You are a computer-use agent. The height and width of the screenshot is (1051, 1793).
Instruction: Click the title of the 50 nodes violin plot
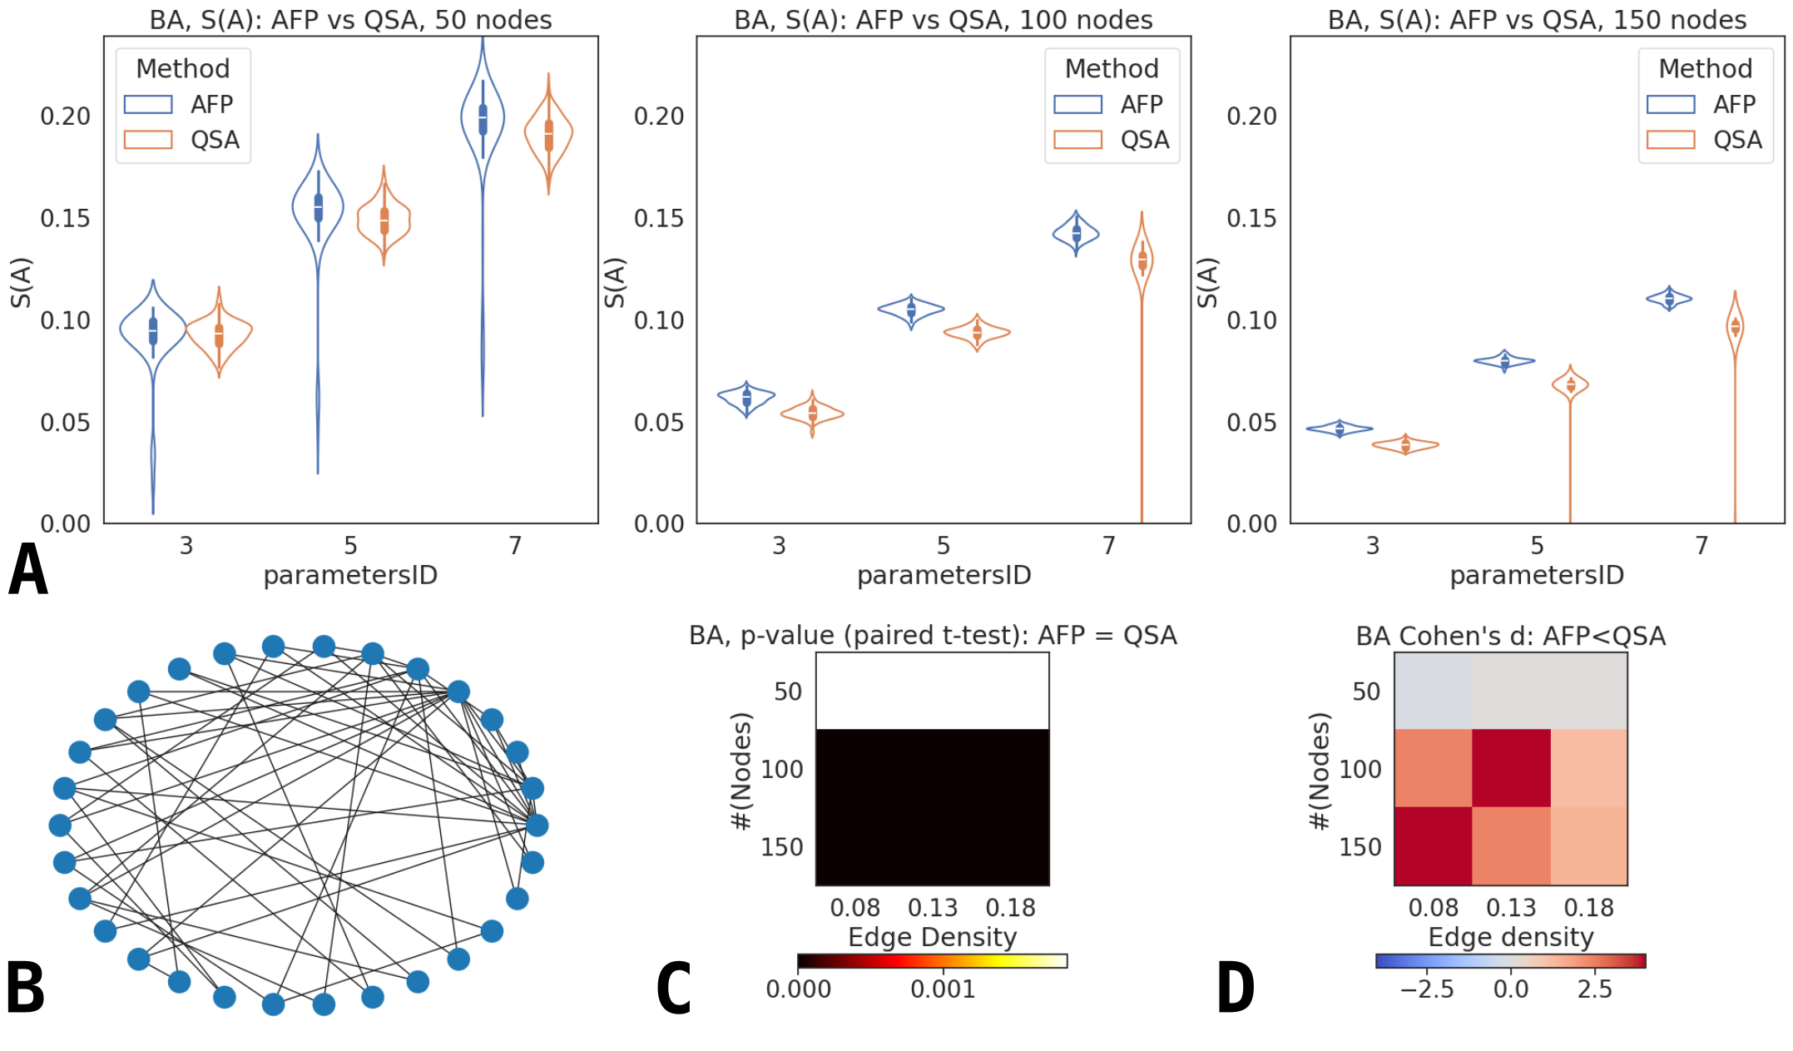(350, 19)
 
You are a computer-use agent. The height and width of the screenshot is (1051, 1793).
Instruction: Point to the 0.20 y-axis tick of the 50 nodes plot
(65, 116)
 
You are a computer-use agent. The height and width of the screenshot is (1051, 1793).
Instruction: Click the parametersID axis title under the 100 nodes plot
(944, 575)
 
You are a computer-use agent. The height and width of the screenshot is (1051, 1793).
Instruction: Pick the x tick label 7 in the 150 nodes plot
(1701, 546)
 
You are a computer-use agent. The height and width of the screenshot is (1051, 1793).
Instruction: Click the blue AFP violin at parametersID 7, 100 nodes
(1076, 233)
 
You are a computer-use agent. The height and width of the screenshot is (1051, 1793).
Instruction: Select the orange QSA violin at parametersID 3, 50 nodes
(219, 333)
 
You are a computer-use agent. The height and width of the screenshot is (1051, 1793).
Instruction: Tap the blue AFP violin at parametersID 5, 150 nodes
(1504, 361)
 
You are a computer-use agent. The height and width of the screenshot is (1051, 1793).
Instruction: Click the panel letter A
(27, 570)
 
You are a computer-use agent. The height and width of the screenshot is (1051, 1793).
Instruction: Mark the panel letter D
(1236, 988)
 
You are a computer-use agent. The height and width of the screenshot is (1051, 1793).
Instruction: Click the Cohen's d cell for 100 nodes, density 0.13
(1511, 768)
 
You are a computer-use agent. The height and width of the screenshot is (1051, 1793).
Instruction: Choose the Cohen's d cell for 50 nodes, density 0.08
(1433, 691)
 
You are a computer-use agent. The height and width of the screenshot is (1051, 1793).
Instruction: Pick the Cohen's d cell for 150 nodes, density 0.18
(1588, 846)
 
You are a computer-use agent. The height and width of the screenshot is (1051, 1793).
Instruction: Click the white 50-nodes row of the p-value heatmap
(932, 691)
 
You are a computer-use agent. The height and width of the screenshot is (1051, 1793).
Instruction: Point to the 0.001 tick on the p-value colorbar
(943, 989)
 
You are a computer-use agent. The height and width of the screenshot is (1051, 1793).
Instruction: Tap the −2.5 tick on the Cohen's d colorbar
(1427, 989)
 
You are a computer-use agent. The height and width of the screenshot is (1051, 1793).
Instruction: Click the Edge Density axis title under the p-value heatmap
(932, 937)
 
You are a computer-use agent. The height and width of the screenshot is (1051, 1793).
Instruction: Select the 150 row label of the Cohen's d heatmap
(1360, 846)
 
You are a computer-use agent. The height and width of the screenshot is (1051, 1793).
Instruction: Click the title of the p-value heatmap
(932, 636)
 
